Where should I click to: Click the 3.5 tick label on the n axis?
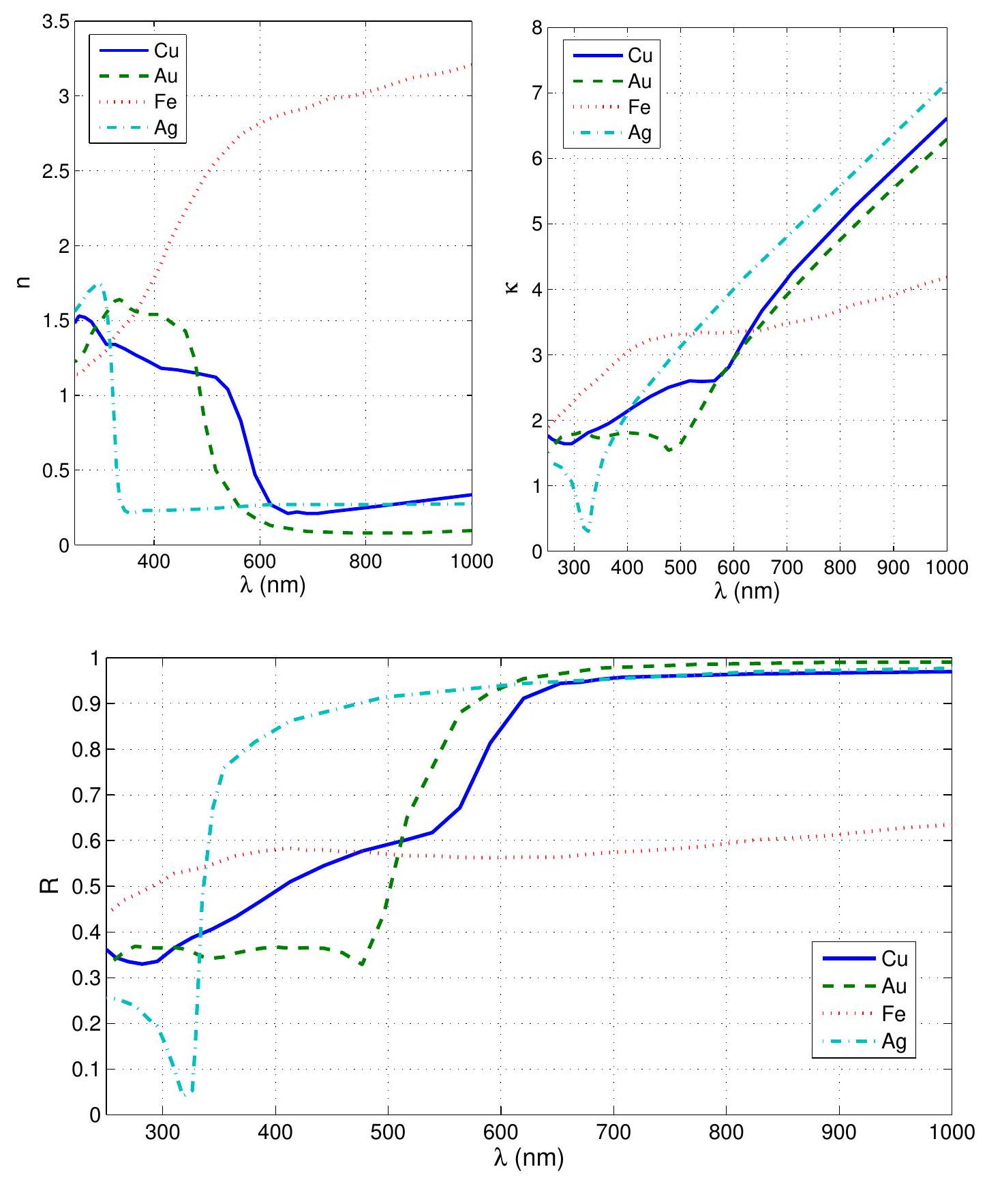point(55,22)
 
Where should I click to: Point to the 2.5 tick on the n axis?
point(55,171)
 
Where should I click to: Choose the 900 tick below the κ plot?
point(893,568)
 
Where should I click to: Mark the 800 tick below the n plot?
point(366,562)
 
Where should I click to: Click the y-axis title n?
point(26,283)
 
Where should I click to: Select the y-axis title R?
point(55,886)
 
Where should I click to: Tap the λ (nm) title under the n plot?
point(273,585)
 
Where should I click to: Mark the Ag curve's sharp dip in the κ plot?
point(587,530)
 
